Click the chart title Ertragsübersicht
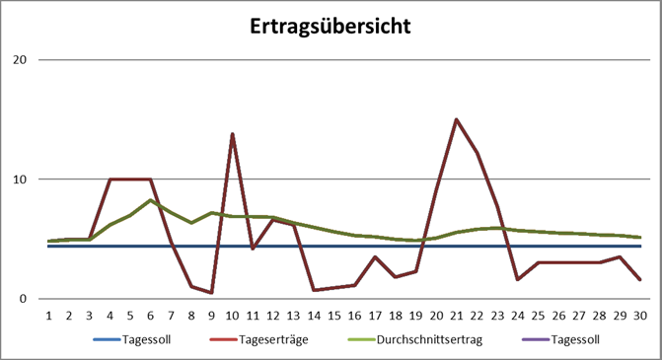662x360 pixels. click(x=331, y=25)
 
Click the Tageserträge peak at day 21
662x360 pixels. click(x=457, y=119)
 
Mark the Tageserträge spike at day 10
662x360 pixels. click(x=232, y=134)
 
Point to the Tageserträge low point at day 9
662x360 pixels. click(x=211, y=293)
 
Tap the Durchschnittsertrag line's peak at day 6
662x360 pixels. click(x=150, y=200)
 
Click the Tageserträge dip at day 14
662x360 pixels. click(x=314, y=290)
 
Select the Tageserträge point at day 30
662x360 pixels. click(x=640, y=280)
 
